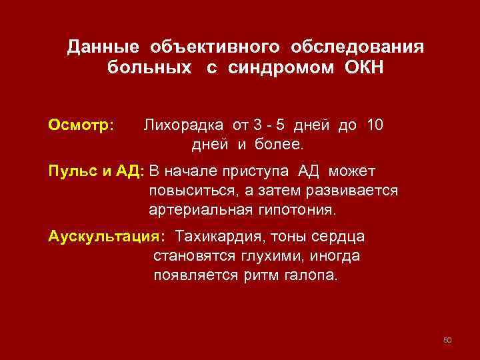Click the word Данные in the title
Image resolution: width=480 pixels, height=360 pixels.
[103, 48]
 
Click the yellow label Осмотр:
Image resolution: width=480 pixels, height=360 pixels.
[81, 125]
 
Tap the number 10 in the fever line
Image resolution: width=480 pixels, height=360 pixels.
[375, 125]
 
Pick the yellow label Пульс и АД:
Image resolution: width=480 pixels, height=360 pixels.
[96, 171]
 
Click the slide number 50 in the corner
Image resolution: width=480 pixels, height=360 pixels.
[447, 341]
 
